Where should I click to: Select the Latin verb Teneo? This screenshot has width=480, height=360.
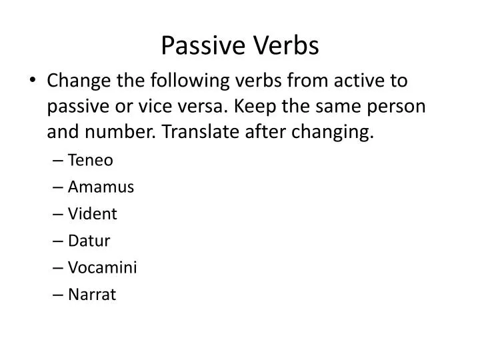click(90, 161)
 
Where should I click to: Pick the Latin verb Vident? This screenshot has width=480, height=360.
click(92, 214)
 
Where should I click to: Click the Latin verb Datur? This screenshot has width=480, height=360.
click(89, 241)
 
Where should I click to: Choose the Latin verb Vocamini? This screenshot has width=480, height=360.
click(102, 267)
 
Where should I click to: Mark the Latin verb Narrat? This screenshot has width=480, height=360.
click(91, 294)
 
